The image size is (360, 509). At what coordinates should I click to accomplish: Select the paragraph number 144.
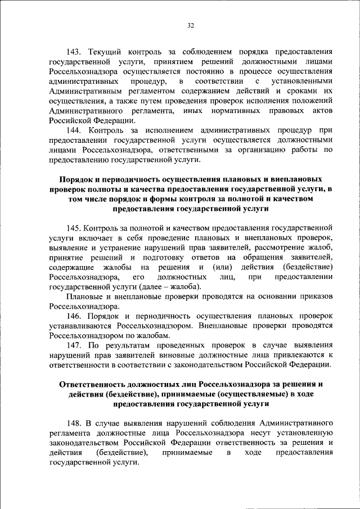coord(75,130)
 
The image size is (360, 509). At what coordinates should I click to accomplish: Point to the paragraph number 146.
coord(75,317)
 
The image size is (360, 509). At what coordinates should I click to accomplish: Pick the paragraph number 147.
coord(75,345)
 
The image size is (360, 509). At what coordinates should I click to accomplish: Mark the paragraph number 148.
coord(75,423)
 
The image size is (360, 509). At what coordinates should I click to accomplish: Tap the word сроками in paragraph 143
coord(297,91)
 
